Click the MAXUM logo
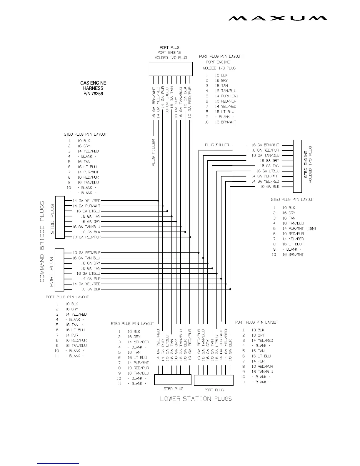pyautogui.click(x=278, y=19)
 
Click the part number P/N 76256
pyautogui.click(x=93, y=94)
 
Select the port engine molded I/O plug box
pyautogui.click(x=171, y=69)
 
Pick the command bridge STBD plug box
pyautogui.click(x=60, y=217)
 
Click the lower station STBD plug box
pyautogui.click(x=173, y=380)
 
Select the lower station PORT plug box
pyautogui.click(x=214, y=380)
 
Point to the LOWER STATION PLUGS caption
pyautogui.click(x=196, y=399)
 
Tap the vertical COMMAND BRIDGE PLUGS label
pyautogui.click(x=42, y=241)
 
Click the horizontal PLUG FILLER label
pyautogui.click(x=217, y=145)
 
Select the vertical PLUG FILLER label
pyautogui.click(x=154, y=153)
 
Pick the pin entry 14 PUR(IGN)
pyautogui.click(x=226, y=96)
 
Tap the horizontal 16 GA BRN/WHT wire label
pyautogui.click(x=265, y=145)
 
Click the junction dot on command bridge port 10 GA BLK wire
pyautogui.click(x=230, y=289)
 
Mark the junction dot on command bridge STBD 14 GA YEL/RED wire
pyautogui.click(x=158, y=201)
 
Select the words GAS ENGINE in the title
pyautogui.click(x=93, y=83)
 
